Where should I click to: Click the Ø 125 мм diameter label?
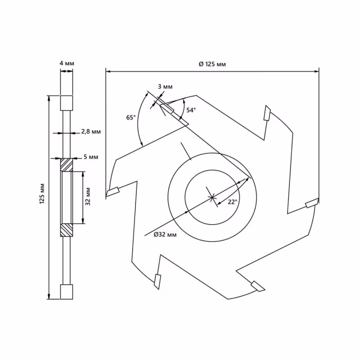coord(212,64)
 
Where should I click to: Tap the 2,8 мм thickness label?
coord(90,132)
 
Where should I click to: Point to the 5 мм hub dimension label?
coord(90,157)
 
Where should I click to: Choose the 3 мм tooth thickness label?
coord(165,86)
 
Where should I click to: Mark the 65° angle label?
coord(130,117)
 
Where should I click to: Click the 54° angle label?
coord(191,110)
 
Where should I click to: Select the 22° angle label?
coord(232,202)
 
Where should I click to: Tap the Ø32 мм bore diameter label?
coord(165,234)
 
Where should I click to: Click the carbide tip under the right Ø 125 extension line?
coord(312,204)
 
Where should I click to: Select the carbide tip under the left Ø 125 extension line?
coord(112,192)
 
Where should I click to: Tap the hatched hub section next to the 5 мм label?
coord(67,165)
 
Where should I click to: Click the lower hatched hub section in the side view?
coord(67,230)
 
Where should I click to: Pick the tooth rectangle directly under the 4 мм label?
coord(67,103)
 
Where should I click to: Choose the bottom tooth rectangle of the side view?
coord(67,292)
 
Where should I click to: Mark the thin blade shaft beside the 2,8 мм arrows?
coord(67,133)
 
